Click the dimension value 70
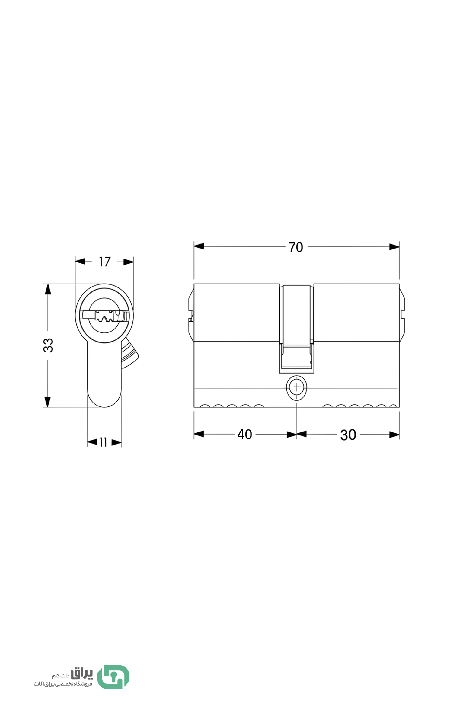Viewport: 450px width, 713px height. [296, 247]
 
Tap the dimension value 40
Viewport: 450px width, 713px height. [244, 435]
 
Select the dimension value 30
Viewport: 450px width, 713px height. [348, 435]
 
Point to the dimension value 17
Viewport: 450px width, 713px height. [105, 262]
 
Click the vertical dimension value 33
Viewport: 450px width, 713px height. [48, 345]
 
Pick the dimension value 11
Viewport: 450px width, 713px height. [103, 442]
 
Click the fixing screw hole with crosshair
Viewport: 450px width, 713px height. [297, 387]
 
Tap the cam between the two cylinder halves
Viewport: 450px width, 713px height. [296, 329]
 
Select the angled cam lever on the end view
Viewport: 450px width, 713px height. [129, 353]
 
